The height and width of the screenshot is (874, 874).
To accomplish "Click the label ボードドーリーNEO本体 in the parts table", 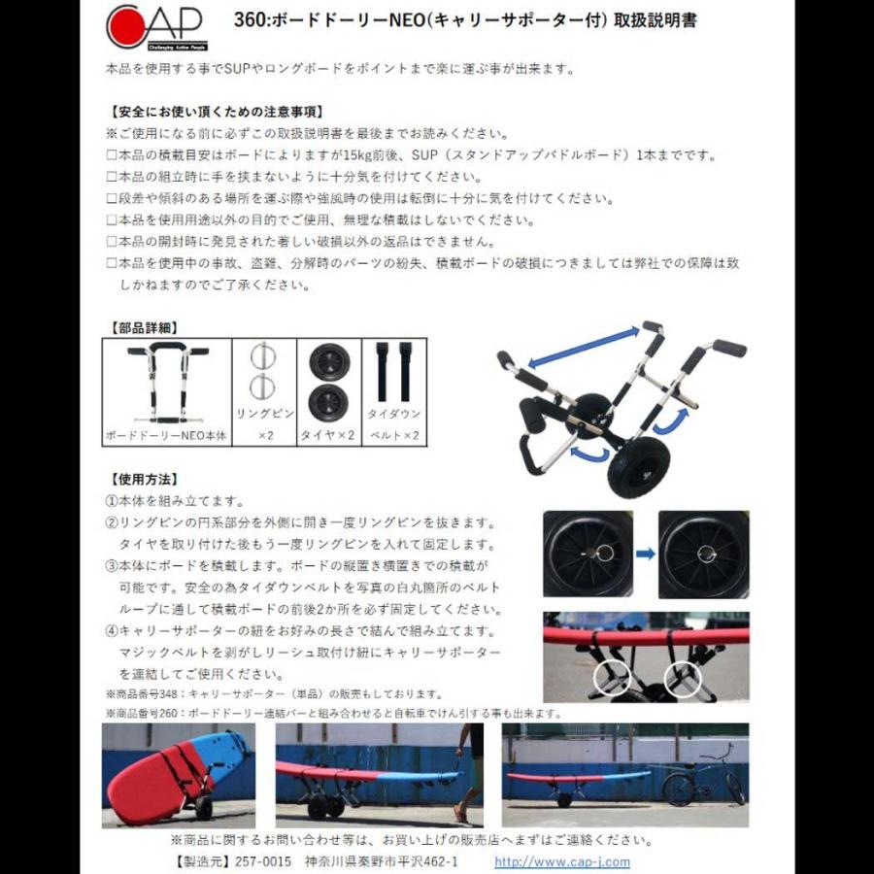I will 166,436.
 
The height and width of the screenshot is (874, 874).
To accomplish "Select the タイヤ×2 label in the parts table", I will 329,436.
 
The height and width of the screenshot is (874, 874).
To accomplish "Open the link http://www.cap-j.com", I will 561,861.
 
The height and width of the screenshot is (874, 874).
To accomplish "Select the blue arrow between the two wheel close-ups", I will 645,554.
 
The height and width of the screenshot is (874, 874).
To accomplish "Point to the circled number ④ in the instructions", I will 111,630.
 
